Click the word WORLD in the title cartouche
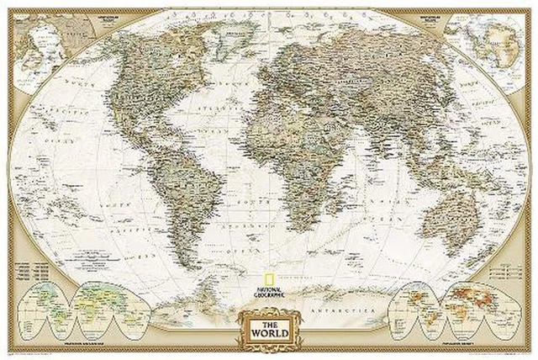pyautogui.click(x=269, y=329)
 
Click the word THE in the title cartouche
pyautogui.click(x=269, y=316)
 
